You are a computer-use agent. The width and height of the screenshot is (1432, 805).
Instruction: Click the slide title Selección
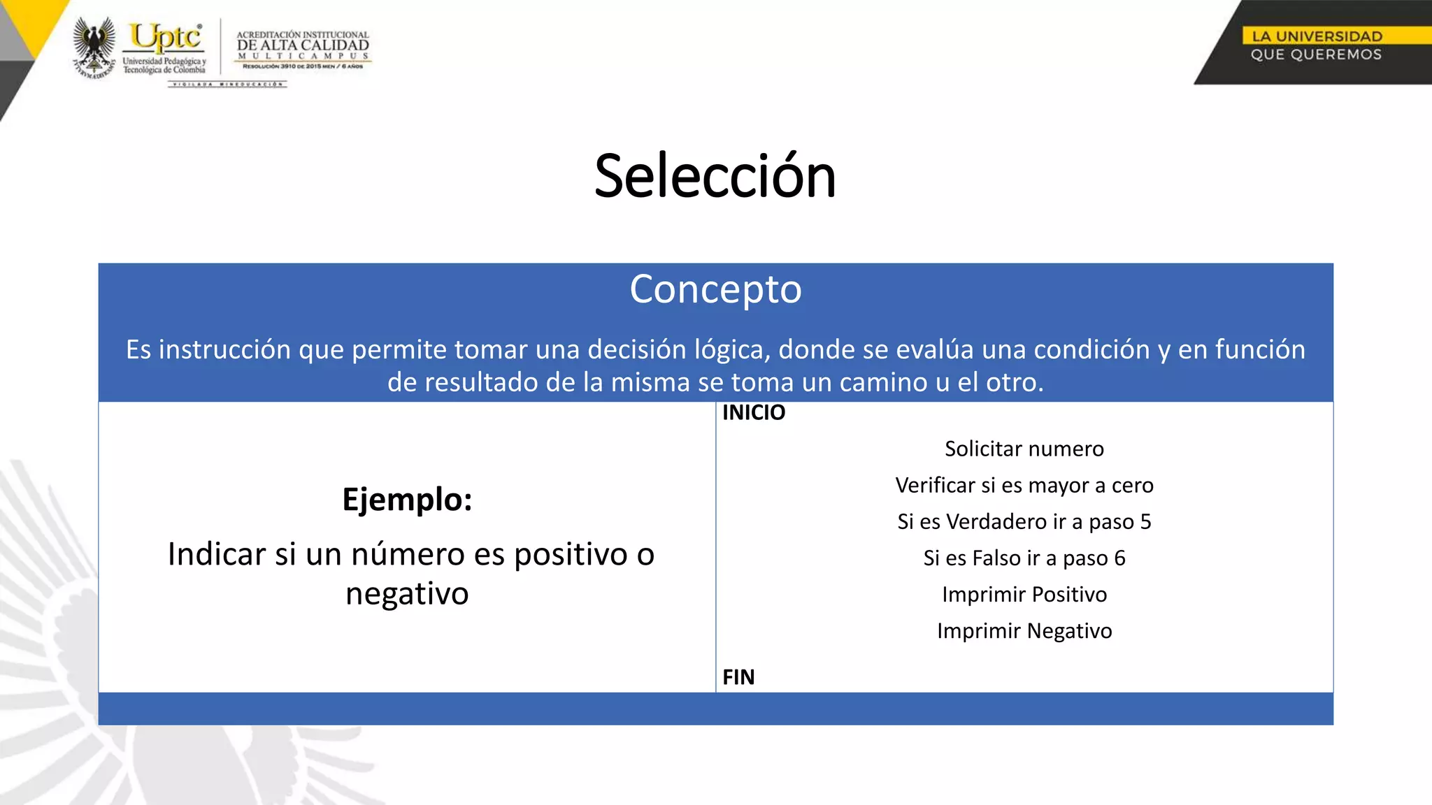715,176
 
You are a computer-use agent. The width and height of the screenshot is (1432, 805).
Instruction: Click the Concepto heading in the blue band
715,289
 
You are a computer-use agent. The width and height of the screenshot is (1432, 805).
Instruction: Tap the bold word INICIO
753,413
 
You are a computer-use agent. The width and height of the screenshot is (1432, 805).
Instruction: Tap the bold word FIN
738,677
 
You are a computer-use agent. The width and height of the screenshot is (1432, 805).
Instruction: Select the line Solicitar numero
1024,449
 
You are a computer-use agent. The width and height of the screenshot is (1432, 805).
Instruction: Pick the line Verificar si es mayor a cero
1024,485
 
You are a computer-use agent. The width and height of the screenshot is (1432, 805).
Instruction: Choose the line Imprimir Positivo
1024,594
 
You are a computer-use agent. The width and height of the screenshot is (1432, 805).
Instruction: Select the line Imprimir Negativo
1024,630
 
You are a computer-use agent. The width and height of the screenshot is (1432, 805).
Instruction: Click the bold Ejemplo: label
407,499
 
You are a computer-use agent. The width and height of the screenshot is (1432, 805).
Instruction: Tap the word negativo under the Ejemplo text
407,594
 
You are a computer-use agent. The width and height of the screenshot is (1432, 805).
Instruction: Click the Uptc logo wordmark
166,37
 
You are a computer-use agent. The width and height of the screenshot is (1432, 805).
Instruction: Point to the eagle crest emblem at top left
94,46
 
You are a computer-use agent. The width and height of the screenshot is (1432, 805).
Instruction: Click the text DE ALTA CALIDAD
302,45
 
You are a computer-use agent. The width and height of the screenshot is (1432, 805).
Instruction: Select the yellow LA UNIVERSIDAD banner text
1316,36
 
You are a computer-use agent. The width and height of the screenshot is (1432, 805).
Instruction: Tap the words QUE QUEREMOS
1316,55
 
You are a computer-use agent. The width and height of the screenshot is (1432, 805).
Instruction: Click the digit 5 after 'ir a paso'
1145,521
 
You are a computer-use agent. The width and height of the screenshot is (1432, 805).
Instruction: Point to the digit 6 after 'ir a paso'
1119,558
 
